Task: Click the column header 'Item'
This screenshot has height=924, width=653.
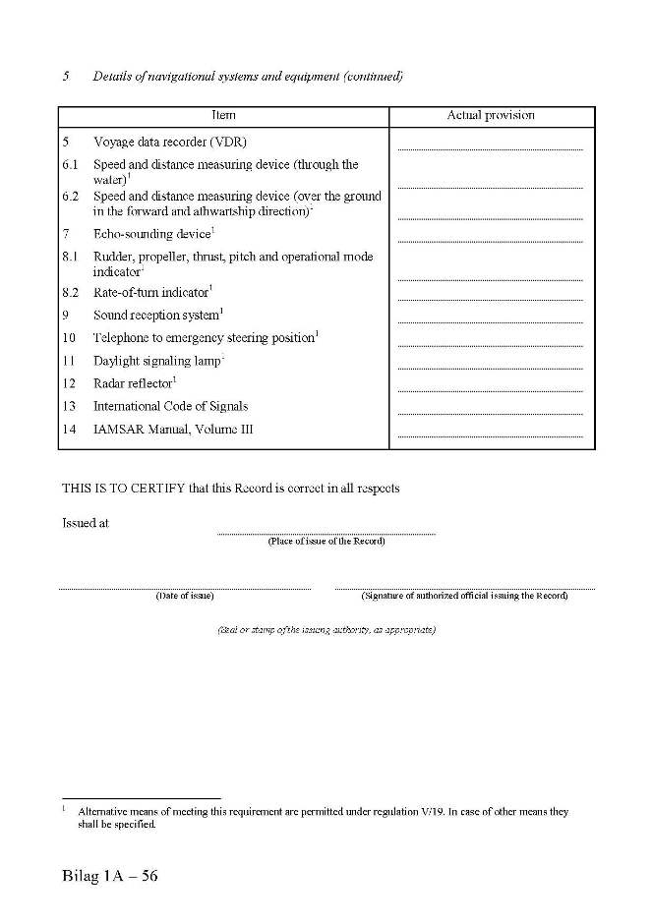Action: [223, 116]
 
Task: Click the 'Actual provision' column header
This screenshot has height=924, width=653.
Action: [491, 116]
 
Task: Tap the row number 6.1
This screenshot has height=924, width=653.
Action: [71, 165]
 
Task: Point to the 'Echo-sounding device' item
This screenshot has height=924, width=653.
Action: [152, 234]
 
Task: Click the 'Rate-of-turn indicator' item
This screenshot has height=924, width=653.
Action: [151, 292]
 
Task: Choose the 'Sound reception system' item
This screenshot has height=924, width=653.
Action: [156, 316]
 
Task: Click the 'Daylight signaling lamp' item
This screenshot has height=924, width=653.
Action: [156, 361]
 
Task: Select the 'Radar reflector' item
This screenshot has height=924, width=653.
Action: [133, 383]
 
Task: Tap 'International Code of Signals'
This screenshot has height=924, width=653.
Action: [170, 406]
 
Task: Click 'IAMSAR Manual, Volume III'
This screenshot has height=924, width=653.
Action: [173, 430]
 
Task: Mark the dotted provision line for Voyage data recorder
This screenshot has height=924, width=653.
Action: [490, 148]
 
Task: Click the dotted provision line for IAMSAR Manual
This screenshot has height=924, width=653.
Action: [490, 435]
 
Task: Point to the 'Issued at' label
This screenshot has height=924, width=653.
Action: [86, 523]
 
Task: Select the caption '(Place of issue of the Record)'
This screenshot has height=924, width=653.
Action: [326, 542]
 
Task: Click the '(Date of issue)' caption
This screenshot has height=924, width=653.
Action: [185, 596]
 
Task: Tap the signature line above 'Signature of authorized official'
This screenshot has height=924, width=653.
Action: [464, 589]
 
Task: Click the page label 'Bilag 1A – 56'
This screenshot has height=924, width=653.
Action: [109, 876]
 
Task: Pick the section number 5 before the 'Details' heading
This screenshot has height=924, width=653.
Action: [66, 76]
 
